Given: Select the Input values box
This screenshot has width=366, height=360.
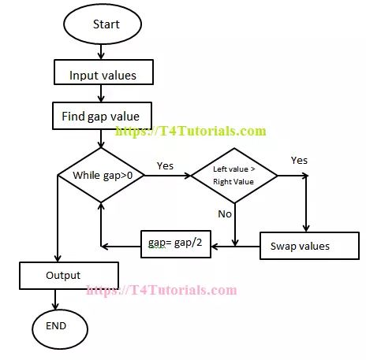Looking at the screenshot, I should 102,76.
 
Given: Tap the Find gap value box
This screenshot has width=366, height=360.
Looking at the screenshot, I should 101,117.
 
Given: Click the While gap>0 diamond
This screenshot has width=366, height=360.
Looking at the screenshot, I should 101,175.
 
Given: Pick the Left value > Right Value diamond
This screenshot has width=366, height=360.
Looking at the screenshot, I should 234,174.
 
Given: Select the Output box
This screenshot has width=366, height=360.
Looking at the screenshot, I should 68,276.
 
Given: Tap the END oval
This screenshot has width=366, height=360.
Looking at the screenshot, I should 56,325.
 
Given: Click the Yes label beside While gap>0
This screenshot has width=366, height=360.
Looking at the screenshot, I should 165,166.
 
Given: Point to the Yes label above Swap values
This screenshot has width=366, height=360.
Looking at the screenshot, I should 299,160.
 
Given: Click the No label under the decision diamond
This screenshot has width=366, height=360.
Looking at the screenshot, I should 225,213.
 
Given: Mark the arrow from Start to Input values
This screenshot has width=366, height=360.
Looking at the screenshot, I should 101,53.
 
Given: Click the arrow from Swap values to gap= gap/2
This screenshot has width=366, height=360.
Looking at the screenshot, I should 237,247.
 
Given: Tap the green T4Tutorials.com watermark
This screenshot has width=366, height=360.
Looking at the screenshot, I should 191,132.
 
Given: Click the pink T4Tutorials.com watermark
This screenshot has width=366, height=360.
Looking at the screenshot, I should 161,290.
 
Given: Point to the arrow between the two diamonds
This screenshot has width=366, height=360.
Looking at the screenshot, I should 167,175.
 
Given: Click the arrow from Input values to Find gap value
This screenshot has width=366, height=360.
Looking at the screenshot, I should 101,95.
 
